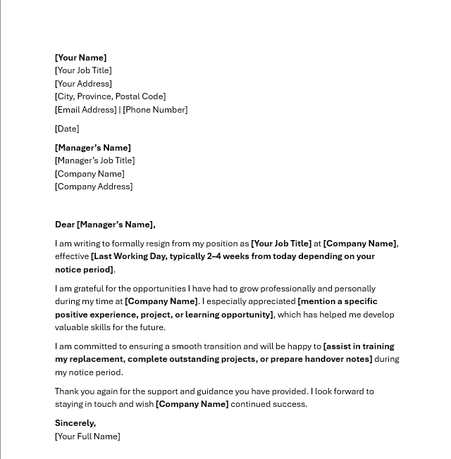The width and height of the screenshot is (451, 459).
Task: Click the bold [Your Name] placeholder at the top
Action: click(x=80, y=58)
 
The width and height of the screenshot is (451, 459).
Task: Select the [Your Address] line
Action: click(x=83, y=84)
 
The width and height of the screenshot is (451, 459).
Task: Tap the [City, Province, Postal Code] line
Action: click(x=110, y=96)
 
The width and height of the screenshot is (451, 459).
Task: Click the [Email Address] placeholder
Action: click(x=85, y=110)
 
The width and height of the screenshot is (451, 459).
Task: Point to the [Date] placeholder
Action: click(x=67, y=129)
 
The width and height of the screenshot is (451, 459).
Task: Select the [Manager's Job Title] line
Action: click(x=94, y=161)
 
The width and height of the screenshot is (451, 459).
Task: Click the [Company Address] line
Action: click(x=94, y=187)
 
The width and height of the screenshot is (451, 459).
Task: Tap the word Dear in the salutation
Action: click(x=65, y=225)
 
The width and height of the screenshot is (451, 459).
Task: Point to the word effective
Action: click(x=72, y=256)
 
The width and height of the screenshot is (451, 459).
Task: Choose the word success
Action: click(x=290, y=404)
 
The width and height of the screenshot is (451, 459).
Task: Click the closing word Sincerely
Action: click(x=74, y=423)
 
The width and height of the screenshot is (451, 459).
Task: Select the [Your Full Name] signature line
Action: click(x=87, y=436)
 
